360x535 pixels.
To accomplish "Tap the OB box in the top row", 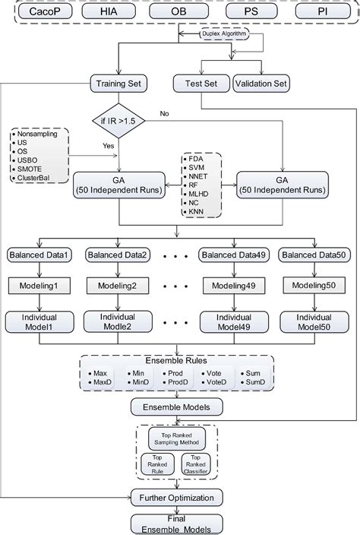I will (x=180, y=14).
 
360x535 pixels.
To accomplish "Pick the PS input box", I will (x=250, y=14).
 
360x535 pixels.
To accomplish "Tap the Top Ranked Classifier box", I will (x=196, y=464).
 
